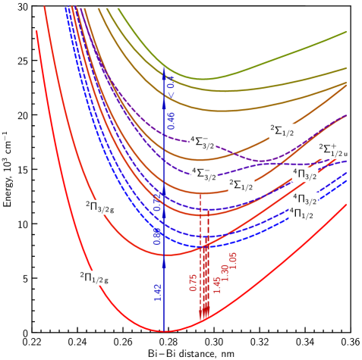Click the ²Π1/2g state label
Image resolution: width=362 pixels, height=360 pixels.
(x=94, y=278)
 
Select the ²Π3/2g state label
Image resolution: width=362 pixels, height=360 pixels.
(x=100, y=206)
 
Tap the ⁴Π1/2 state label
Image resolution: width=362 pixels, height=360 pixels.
(x=302, y=214)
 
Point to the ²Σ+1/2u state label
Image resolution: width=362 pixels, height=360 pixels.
(x=334, y=150)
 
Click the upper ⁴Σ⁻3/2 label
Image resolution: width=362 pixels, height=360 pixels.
(x=203, y=141)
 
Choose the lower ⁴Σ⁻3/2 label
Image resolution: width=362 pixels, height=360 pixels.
(x=203, y=174)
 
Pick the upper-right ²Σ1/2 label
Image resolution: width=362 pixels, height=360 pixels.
(x=282, y=131)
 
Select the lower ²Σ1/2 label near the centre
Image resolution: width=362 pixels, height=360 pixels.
(x=241, y=183)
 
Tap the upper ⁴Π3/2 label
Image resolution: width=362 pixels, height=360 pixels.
(x=305, y=175)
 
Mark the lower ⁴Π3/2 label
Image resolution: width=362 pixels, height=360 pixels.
(x=305, y=199)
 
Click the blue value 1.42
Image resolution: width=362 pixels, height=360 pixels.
(x=157, y=293)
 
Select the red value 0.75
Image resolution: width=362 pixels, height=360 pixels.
(x=194, y=282)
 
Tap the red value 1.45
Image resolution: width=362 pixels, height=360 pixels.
(x=216, y=283)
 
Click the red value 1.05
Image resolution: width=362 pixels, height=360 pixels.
(x=233, y=259)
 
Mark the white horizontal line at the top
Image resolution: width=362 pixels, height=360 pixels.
(x=190, y=8)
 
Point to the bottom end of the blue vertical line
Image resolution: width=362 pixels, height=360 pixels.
(x=164, y=330)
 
